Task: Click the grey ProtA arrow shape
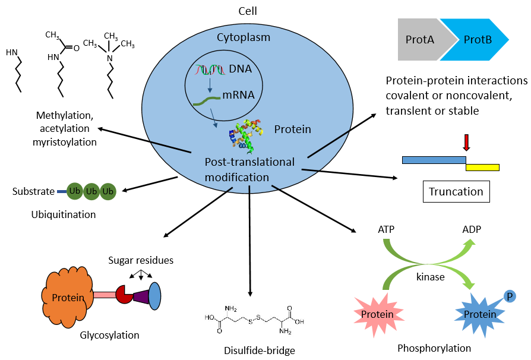(419, 40)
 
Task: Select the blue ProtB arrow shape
(475, 40)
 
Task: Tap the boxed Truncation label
(457, 191)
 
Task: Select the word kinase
(431, 277)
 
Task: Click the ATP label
(387, 229)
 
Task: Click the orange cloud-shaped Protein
(67, 297)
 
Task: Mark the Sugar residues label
(141, 261)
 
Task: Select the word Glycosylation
(110, 335)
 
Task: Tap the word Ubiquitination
(64, 214)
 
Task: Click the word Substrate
(33, 191)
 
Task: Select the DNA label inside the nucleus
(241, 69)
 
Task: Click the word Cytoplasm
(244, 37)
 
